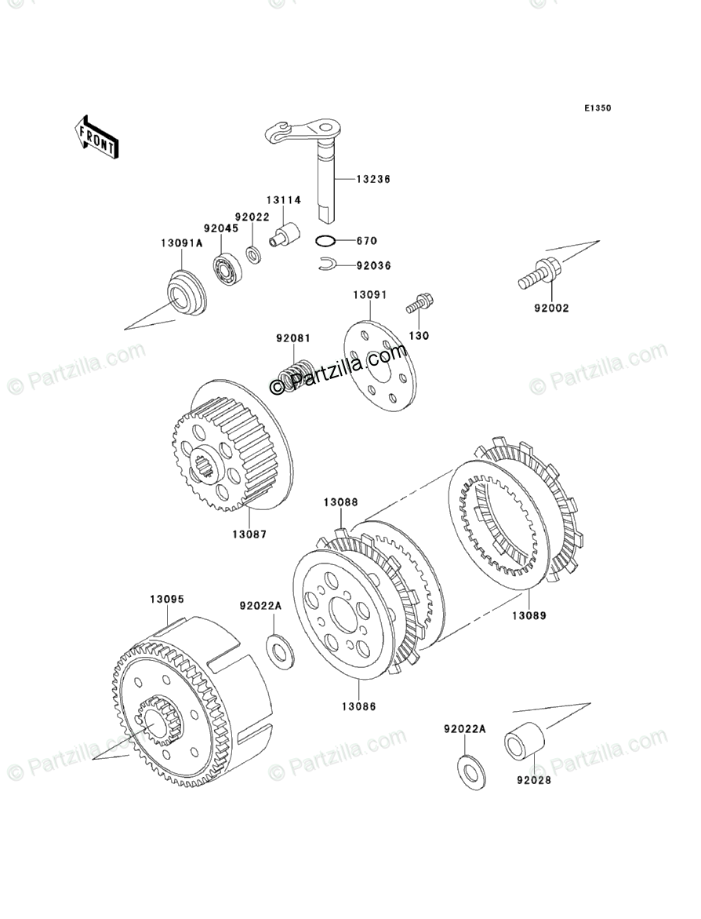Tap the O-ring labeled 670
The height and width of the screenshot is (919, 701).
click(328, 240)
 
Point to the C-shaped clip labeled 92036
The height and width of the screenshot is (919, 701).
click(328, 266)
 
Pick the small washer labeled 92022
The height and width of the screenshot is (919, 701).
click(253, 255)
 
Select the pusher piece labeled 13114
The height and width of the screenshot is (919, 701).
click(286, 235)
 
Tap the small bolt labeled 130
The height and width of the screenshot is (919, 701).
click(420, 303)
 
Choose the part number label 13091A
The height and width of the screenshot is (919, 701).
click(182, 243)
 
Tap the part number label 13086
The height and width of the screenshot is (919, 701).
click(358, 706)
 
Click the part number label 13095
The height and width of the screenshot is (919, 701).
click(167, 599)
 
